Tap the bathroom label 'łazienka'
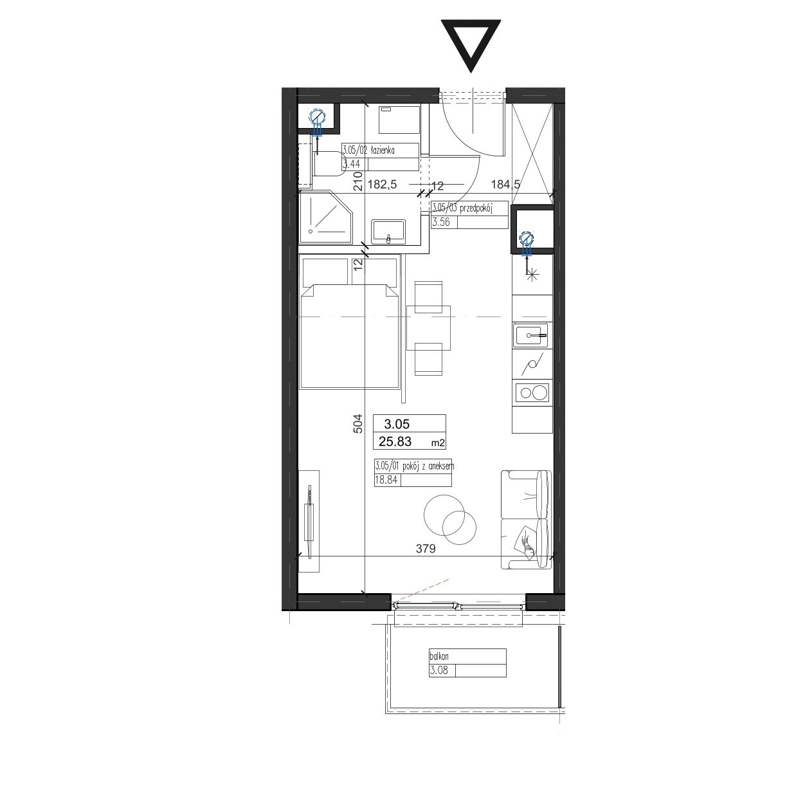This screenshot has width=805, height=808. coord(383,150)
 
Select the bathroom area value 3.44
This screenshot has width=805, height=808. coord(351,164)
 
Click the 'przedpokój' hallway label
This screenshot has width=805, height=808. coord(476,208)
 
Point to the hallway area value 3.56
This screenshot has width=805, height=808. coord(441,222)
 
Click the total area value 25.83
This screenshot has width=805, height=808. coord(395,441)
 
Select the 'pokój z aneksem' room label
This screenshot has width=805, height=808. coord(428,466)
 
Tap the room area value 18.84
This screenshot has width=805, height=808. coord(386,479)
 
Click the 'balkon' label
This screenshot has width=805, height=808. coord(439,656)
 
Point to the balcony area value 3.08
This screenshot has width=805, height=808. coord(439,670)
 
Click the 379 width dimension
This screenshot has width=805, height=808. coord(426,549)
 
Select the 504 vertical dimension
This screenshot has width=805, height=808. coord(357,423)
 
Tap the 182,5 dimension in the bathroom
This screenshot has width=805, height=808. coord(382,184)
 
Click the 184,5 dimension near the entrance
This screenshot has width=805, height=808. coord(505,184)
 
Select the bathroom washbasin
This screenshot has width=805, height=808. coord(388,232)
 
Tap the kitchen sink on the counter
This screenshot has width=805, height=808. coord(531,335)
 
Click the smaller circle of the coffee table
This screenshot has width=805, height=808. coord(460,528)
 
